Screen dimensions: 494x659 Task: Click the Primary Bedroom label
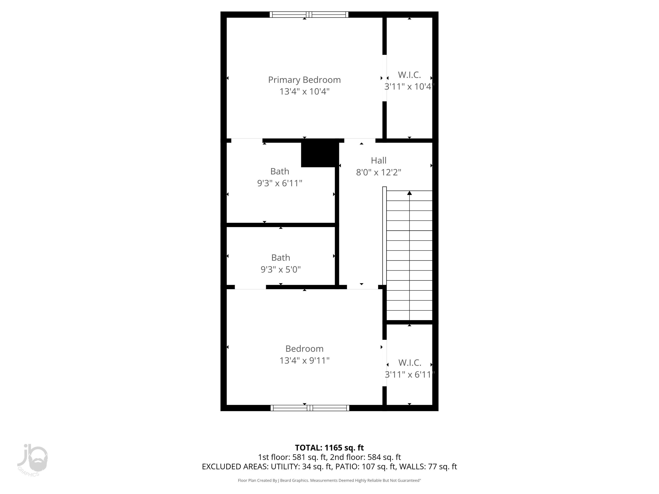pos(304,80)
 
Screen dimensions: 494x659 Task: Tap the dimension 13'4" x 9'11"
pos(304,361)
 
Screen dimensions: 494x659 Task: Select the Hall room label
pos(378,160)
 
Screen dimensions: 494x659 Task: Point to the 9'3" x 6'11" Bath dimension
pos(279,183)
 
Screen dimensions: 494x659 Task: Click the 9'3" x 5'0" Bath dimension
pos(280,269)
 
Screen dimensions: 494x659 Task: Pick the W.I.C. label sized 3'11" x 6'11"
pos(410,363)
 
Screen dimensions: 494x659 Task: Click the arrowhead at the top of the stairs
pos(409,193)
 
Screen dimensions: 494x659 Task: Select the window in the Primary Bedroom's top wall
pos(309,14)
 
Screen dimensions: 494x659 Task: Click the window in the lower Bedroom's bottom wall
pos(310,408)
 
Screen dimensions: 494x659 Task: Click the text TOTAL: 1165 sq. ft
pos(329,447)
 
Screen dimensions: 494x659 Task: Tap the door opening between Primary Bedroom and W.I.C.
pos(385,78)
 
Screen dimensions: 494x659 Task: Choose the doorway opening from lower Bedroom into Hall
pos(362,287)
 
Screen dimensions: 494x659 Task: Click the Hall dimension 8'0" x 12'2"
pos(378,172)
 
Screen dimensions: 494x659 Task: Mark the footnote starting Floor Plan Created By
pos(329,480)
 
